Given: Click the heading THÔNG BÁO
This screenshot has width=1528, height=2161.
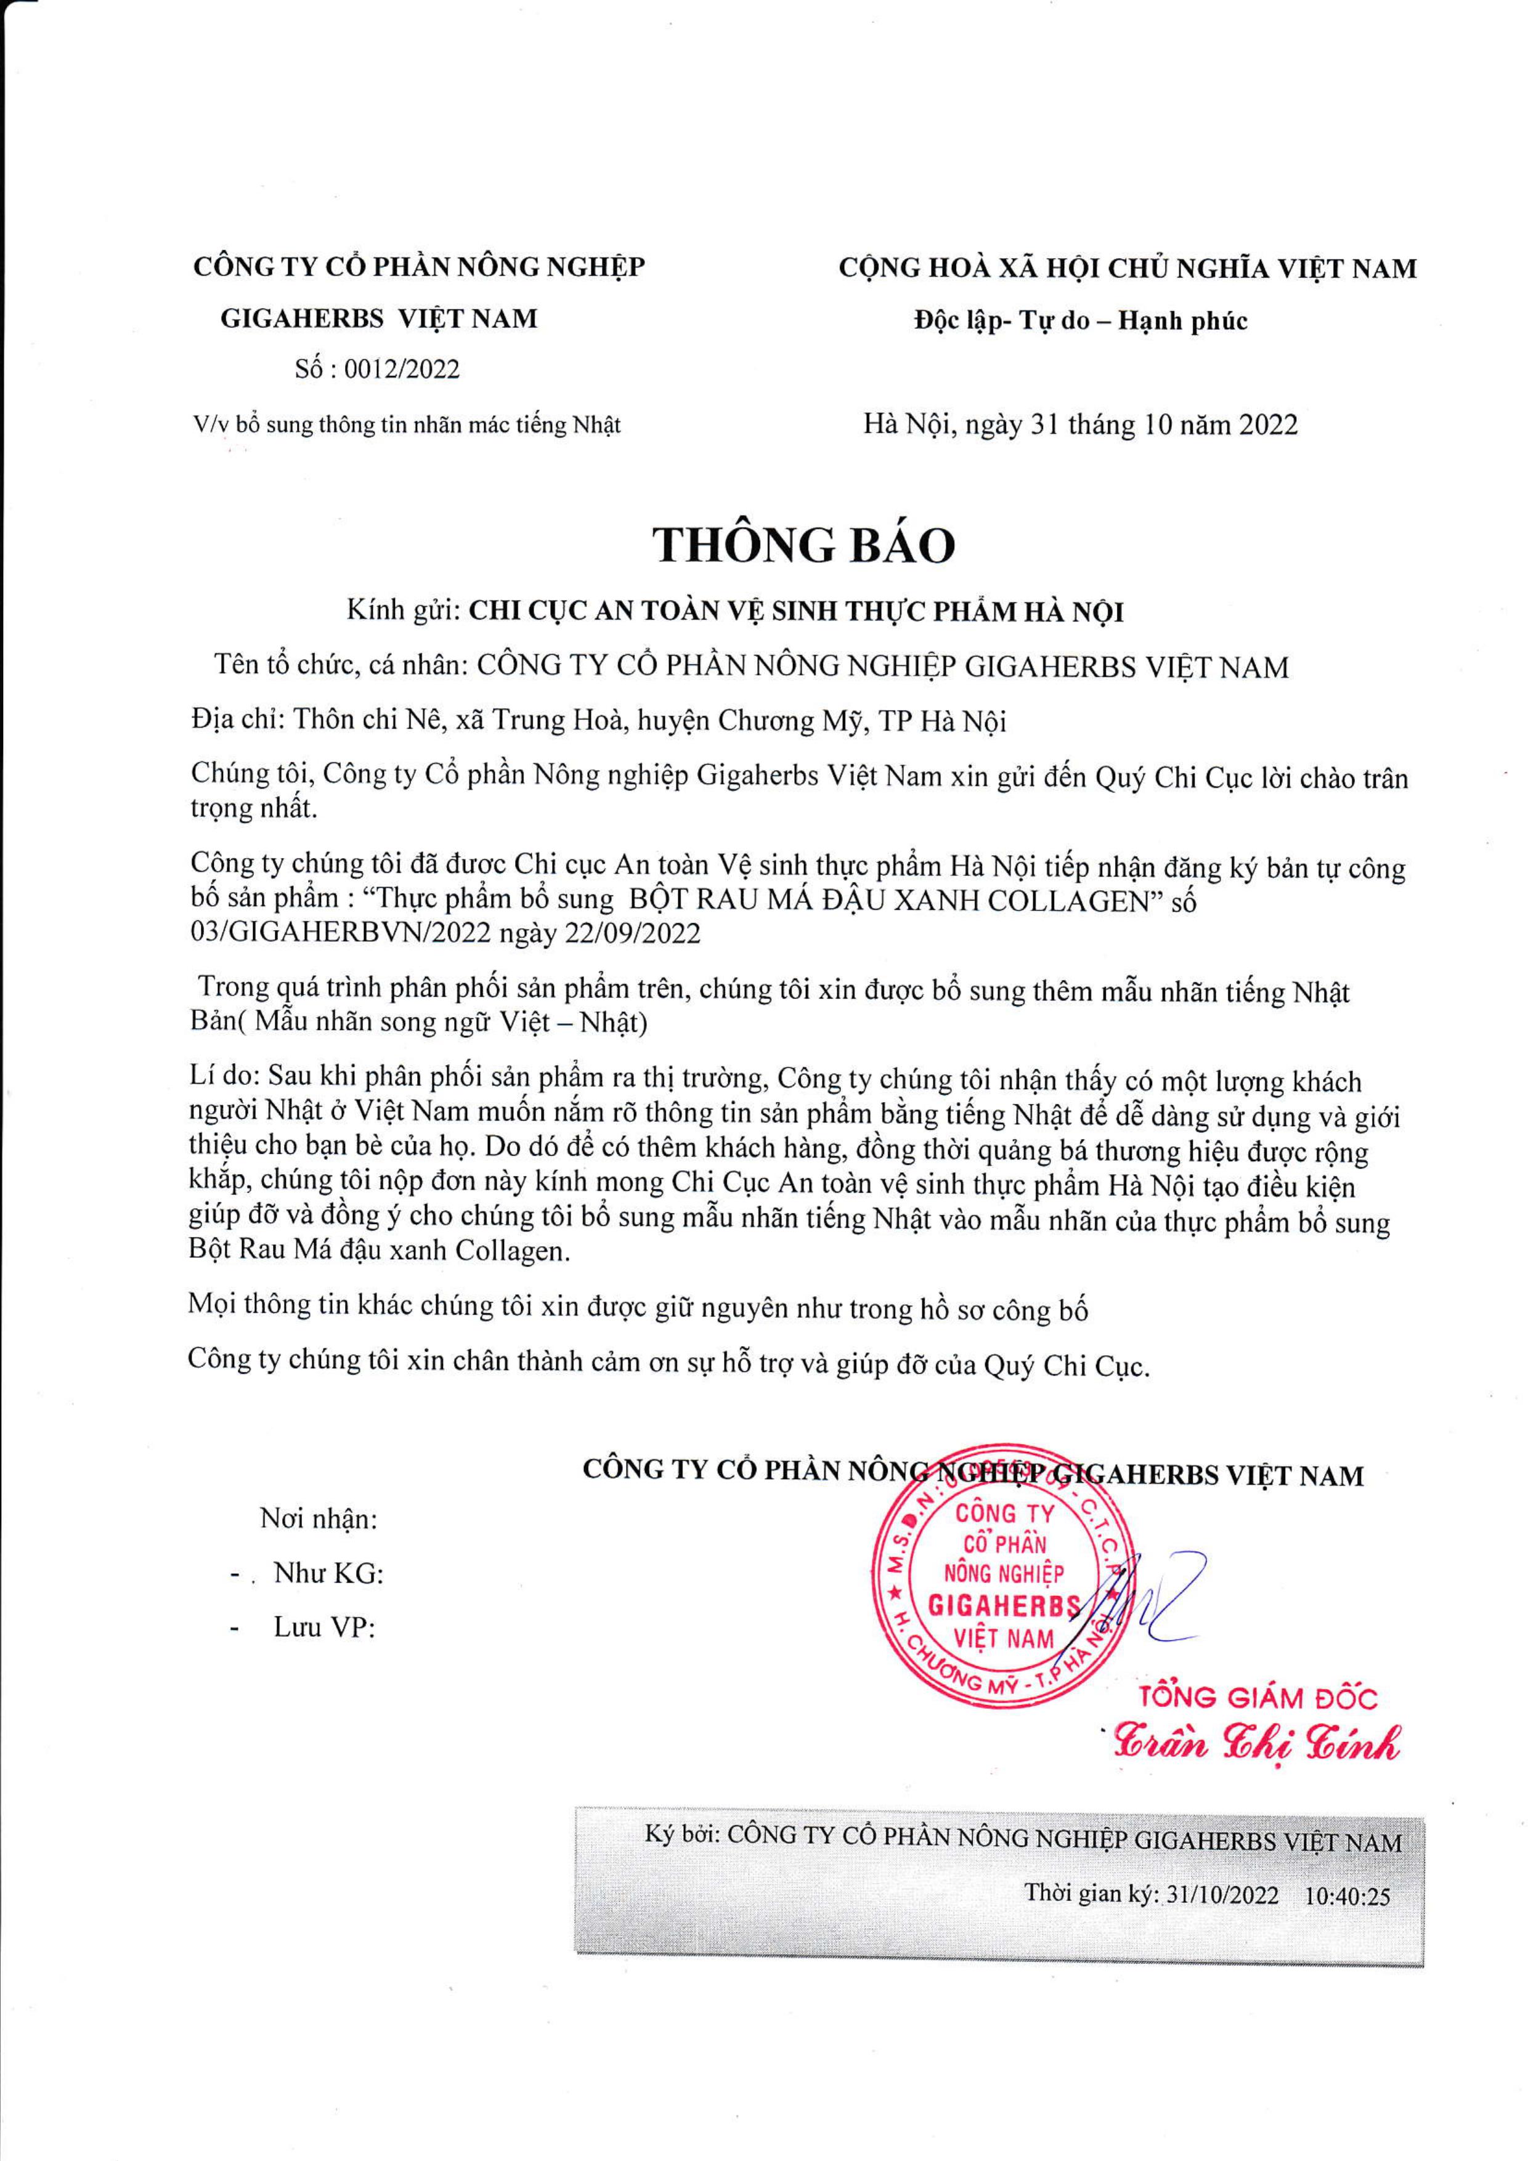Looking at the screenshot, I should point(805,544).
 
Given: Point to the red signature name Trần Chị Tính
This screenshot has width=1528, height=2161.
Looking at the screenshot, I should point(1258,1741).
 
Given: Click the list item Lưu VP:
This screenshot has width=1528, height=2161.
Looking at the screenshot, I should point(325,1628).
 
